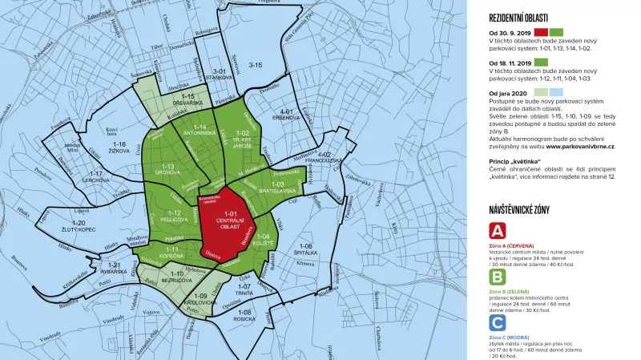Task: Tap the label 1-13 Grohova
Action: (x=169, y=170)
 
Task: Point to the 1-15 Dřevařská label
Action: (x=193, y=100)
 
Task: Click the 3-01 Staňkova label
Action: (x=216, y=75)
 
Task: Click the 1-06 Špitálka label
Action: (x=305, y=249)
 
